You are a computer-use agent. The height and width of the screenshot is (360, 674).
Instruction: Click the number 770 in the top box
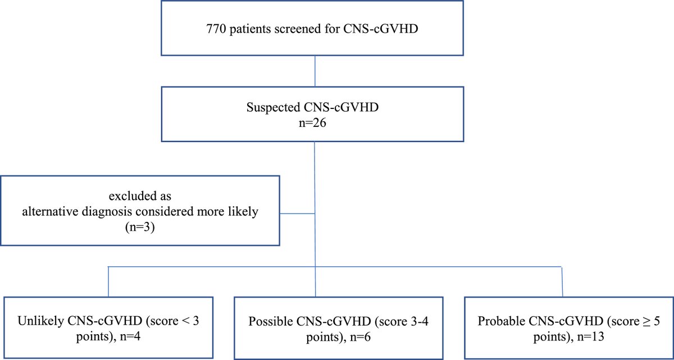pyautogui.click(x=216, y=29)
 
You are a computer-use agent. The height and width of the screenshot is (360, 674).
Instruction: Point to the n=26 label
pyautogui.click(x=312, y=123)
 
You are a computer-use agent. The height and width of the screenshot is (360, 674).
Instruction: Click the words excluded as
pyautogui.click(x=140, y=196)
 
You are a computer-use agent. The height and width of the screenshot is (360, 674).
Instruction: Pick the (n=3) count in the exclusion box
pyautogui.click(x=140, y=227)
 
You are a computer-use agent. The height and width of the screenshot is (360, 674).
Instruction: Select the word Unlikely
pyautogui.click(x=40, y=321)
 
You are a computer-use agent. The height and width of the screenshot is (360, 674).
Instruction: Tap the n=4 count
pyautogui.click(x=130, y=336)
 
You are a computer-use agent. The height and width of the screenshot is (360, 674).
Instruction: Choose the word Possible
pyautogui.click(x=270, y=322)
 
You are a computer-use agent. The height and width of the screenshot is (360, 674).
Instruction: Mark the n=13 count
pyautogui.click(x=591, y=337)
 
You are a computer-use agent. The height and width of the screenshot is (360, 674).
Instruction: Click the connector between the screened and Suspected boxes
pyautogui.click(x=315, y=71)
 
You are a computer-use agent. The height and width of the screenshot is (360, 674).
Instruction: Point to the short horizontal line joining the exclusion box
pyautogui.click(x=297, y=214)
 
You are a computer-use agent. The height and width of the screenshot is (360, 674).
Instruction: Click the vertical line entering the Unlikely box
pyautogui.click(x=108, y=282)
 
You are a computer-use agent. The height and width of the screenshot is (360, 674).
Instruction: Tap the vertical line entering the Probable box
pyautogui.click(x=562, y=282)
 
